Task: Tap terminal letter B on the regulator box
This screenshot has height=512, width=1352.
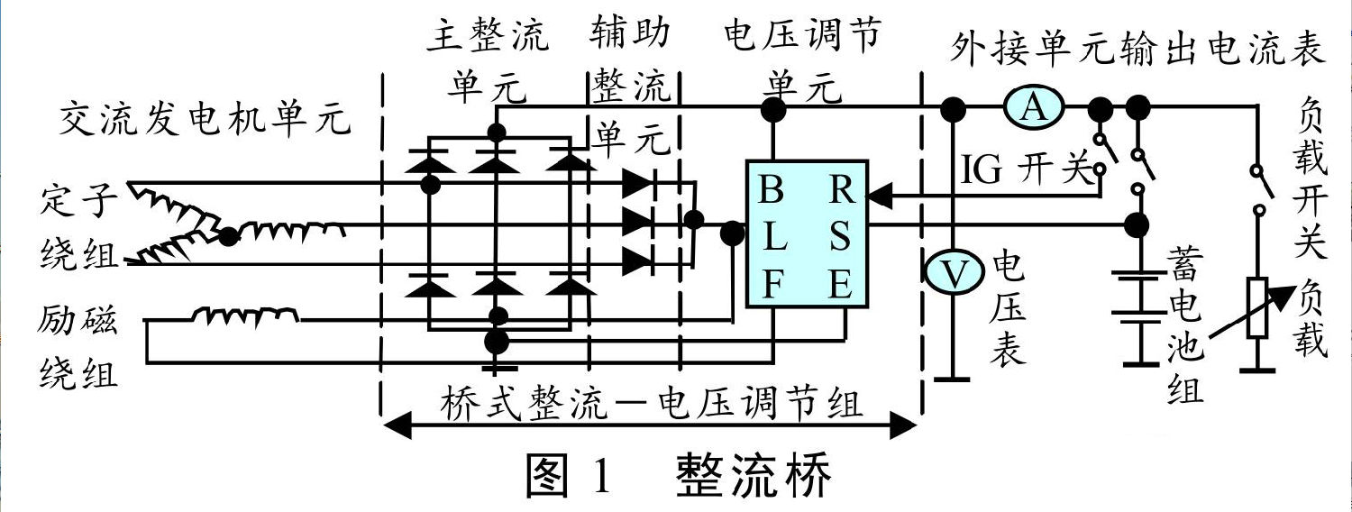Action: [x=772, y=191]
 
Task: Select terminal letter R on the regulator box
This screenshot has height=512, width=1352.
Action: [x=842, y=191]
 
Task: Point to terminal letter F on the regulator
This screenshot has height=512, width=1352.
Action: [x=772, y=287]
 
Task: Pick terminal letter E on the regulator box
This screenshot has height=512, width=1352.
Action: [x=842, y=287]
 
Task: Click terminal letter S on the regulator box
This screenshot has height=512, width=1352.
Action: [x=842, y=239]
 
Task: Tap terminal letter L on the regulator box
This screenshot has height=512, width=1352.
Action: [x=772, y=239]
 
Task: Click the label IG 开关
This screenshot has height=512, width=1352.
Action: [x=1026, y=170]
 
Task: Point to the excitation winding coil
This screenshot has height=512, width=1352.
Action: [x=243, y=315]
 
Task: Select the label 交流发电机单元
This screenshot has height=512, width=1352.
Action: [x=205, y=118]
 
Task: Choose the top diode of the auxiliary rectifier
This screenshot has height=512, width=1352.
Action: [x=637, y=182]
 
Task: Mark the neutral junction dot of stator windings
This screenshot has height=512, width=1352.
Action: [x=229, y=236]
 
